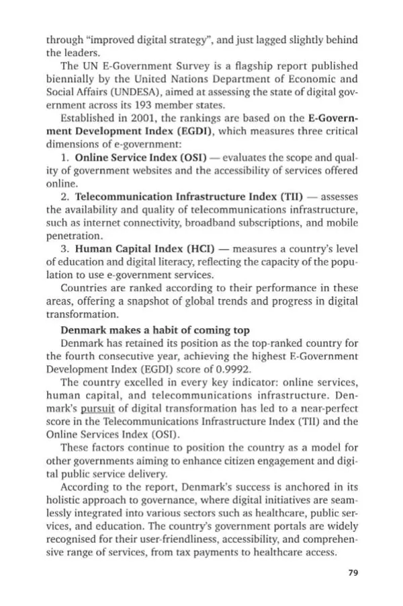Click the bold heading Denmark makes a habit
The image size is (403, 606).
click(155, 330)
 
